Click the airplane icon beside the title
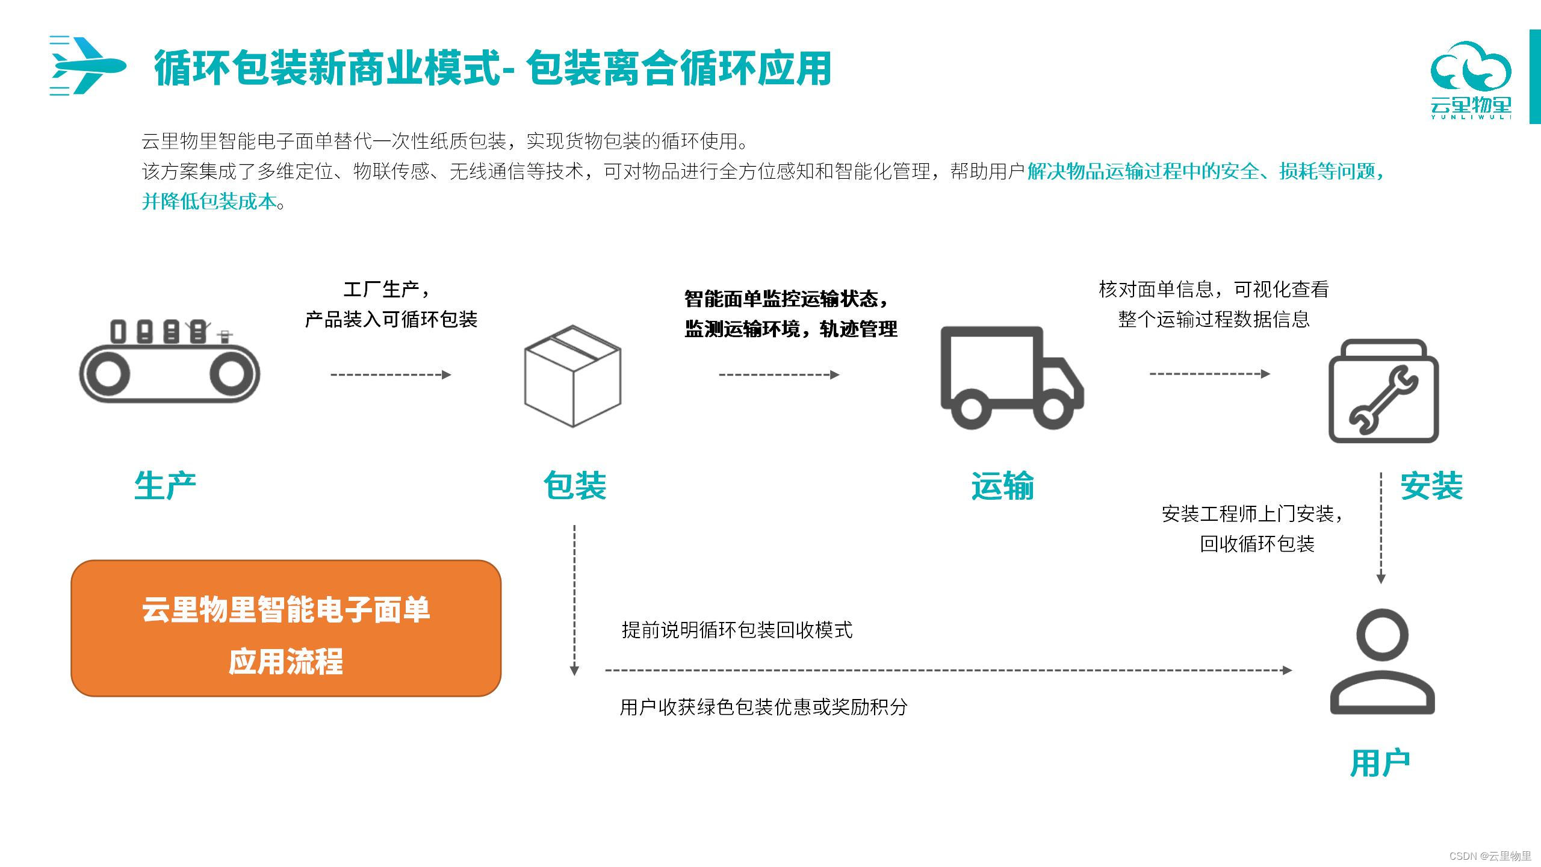coord(88,66)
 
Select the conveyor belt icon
coord(170,364)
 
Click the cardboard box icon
coord(572,376)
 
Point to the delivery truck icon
coord(1011,378)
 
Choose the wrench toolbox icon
coord(1383,392)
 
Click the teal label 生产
coord(166,485)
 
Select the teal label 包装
coord(575,485)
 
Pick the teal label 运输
coord(1003,485)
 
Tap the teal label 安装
coord(1431,485)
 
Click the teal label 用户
coord(1380,763)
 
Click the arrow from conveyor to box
coord(391,374)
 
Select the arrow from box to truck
coord(779,374)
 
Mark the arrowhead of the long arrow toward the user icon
coord(1288,670)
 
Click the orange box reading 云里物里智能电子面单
coord(286,628)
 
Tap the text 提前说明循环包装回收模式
coord(737,630)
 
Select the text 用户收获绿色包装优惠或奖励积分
coord(763,706)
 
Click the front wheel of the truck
coord(1053,408)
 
